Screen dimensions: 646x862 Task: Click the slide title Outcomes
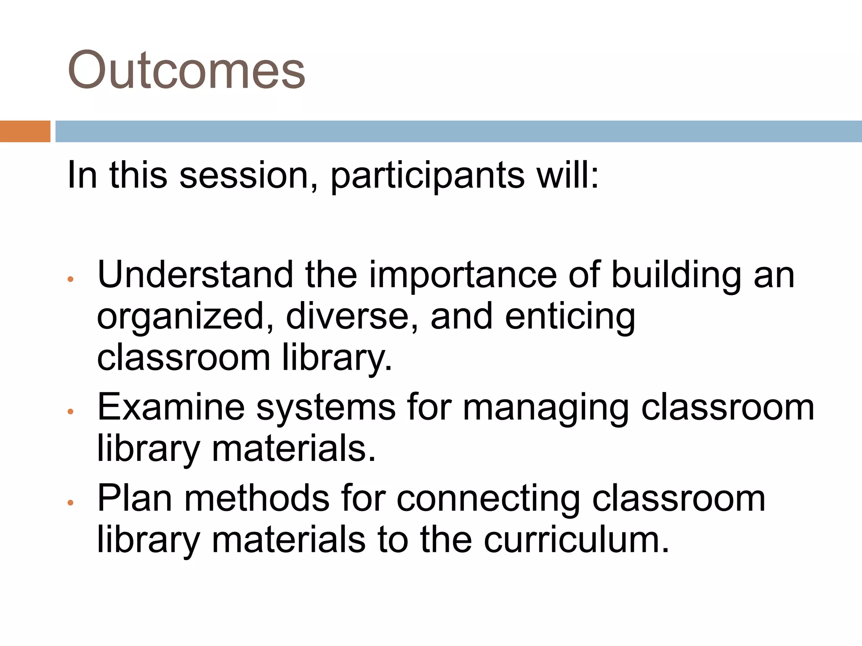(186, 70)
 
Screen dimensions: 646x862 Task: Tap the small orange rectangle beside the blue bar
(25, 131)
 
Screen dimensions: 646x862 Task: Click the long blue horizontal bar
(458, 131)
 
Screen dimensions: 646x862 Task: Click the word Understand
(195, 275)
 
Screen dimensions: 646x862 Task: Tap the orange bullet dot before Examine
(71, 412)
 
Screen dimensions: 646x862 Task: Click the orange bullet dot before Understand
(71, 279)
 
